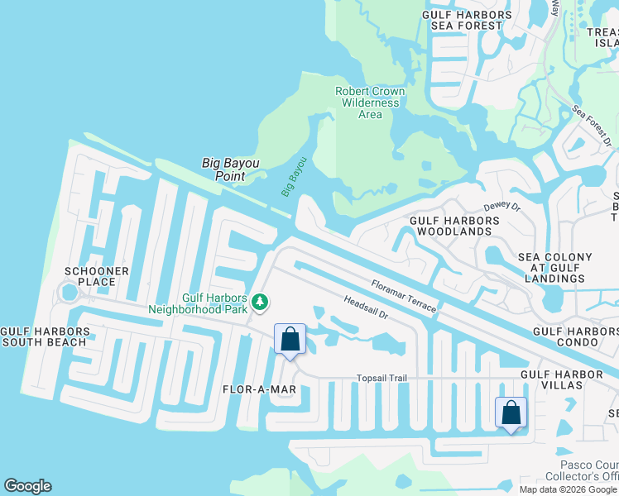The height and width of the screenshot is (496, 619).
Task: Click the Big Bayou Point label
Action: (x=231, y=169)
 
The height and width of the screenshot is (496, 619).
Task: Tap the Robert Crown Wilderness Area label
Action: (x=370, y=103)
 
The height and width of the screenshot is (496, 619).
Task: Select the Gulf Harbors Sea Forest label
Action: (x=466, y=20)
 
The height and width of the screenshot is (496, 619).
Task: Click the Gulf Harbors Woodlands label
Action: (x=455, y=227)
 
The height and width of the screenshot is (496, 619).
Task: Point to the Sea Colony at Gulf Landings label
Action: (x=555, y=268)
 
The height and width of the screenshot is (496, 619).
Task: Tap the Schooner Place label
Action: (x=98, y=276)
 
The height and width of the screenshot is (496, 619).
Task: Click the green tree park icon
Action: (x=260, y=302)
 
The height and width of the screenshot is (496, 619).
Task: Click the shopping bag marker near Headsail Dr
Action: (x=290, y=339)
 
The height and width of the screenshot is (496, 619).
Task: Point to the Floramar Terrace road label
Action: (x=403, y=296)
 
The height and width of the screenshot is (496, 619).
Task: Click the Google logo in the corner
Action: (x=27, y=486)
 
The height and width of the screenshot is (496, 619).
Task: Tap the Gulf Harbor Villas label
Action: (x=562, y=374)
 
